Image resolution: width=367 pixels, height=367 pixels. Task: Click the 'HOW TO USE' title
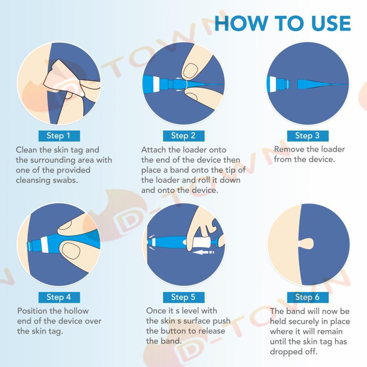[x=283, y=23]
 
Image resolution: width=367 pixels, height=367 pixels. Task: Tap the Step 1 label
[x=59, y=136]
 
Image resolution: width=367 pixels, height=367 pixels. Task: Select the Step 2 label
[x=183, y=136]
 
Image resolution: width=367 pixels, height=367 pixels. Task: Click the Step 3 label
[x=307, y=136]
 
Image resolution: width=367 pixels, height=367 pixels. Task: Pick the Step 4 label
[x=59, y=297]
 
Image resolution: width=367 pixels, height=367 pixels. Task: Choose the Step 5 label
[x=183, y=297]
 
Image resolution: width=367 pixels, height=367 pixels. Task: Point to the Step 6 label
[x=307, y=297]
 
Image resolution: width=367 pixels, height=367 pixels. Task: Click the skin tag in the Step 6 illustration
[x=306, y=244]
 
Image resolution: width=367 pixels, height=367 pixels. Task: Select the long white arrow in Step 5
[x=203, y=252]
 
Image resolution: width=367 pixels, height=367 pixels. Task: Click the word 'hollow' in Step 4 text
[x=76, y=311]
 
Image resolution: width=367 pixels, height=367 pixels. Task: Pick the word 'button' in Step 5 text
[x=173, y=331]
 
